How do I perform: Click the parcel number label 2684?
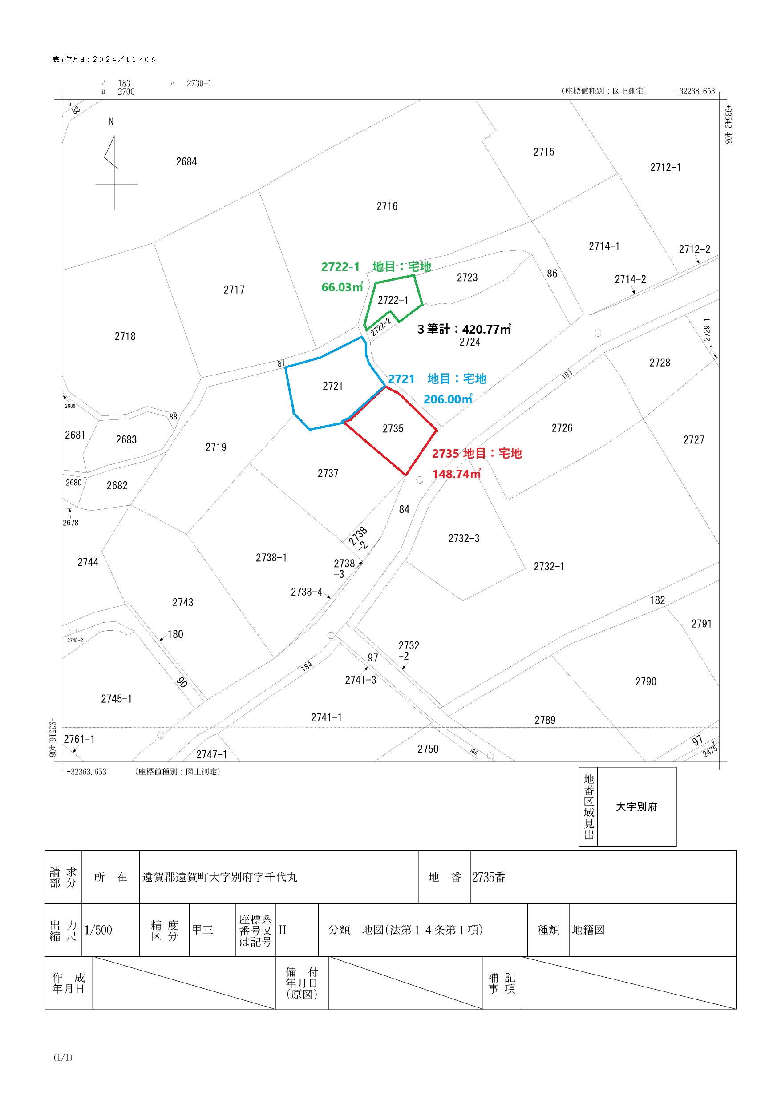click(x=186, y=161)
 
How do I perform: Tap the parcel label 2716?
click(x=387, y=206)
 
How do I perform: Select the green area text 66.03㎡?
click(x=342, y=287)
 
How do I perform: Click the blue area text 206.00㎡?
click(x=448, y=399)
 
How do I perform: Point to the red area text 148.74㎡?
click(x=457, y=474)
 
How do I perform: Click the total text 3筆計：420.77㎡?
click(x=464, y=329)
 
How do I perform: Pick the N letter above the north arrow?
click(x=111, y=121)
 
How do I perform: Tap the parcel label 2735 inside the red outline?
click(x=393, y=429)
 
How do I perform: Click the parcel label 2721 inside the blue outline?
click(x=332, y=386)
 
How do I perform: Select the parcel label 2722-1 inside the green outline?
click(x=393, y=301)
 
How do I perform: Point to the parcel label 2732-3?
click(x=464, y=539)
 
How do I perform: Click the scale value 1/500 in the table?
click(x=98, y=930)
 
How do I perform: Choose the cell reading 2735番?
click(x=489, y=878)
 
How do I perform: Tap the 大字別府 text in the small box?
click(x=637, y=807)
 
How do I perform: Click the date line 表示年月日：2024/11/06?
click(x=105, y=60)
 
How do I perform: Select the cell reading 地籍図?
click(x=588, y=930)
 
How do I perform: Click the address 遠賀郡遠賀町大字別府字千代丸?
click(x=220, y=878)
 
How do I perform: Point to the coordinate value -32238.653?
click(x=696, y=91)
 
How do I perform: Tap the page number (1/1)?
click(x=63, y=1057)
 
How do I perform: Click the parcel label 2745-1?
click(x=117, y=699)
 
